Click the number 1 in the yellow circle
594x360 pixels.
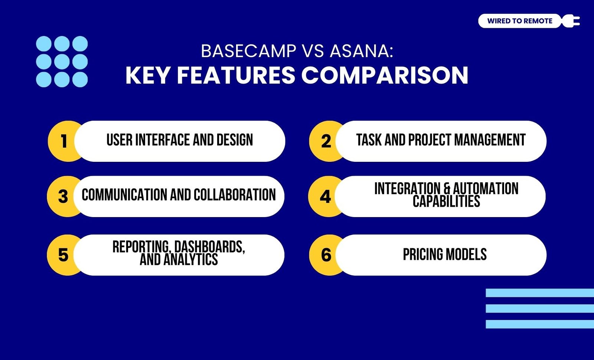tap(63, 141)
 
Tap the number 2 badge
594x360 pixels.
tap(326, 141)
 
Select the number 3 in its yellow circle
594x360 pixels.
tap(63, 196)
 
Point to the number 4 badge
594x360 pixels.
tap(325, 196)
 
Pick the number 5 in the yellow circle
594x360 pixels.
tap(63, 255)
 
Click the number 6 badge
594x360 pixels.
tap(326, 255)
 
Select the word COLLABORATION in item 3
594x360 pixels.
tap(235, 195)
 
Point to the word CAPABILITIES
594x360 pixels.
tap(446, 202)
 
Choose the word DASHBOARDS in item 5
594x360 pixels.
tap(209, 247)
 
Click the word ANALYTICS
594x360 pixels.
tap(191, 259)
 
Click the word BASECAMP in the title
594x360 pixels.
tap(248, 51)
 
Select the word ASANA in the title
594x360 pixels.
tap(362, 51)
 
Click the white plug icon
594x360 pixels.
tap(571, 21)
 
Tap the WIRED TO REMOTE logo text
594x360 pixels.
tap(520, 21)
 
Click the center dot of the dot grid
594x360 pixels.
tap(62, 62)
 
